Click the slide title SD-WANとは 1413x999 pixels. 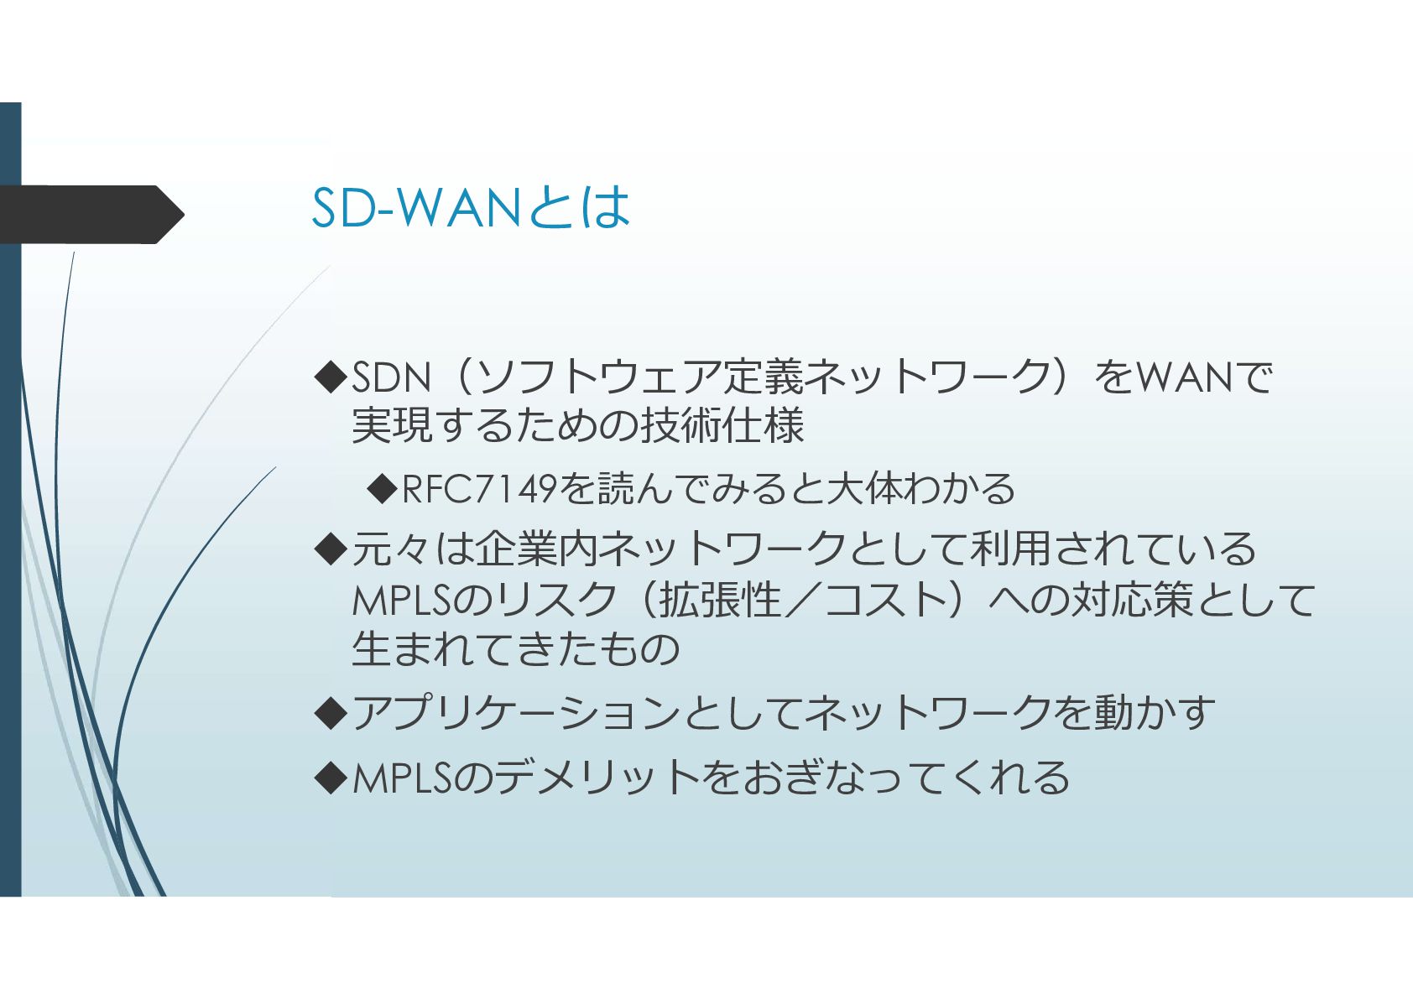click(471, 207)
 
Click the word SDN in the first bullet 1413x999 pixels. click(390, 377)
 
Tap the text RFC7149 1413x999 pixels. click(479, 489)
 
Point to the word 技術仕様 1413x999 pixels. click(722, 425)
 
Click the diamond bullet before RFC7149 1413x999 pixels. click(382, 489)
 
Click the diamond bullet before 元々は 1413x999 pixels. click(331, 549)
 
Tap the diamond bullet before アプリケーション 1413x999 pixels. click(331, 713)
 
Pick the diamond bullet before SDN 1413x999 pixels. click(331, 377)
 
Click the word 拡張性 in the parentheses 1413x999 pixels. click(720, 599)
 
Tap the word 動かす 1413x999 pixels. click(1155, 713)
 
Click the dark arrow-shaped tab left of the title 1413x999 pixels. click(91, 215)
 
